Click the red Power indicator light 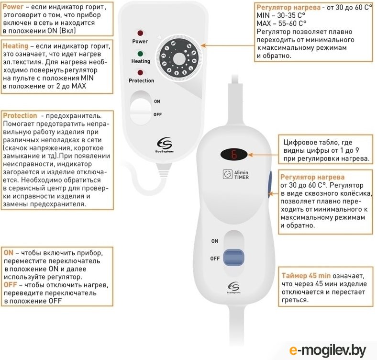[x=140, y=33]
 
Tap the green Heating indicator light [x=140, y=54]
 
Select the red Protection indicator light [x=140, y=72]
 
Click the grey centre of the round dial [x=179, y=59]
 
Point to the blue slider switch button [x=233, y=257]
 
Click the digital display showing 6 [x=234, y=154]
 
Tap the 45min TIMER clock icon [x=227, y=174]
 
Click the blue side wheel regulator [x=269, y=184]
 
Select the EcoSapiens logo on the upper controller [x=165, y=145]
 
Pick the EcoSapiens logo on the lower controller [x=233, y=288]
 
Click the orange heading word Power [x=13, y=7]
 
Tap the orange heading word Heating [x=16, y=46]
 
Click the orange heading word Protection [x=20, y=115]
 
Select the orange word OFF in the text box [x=11, y=285]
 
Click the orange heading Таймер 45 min [x=306, y=276]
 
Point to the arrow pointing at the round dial [x=227, y=45]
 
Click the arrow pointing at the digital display [x=263, y=155]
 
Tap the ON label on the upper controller [x=157, y=101]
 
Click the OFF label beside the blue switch [x=215, y=259]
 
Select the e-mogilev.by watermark [x=327, y=350]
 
